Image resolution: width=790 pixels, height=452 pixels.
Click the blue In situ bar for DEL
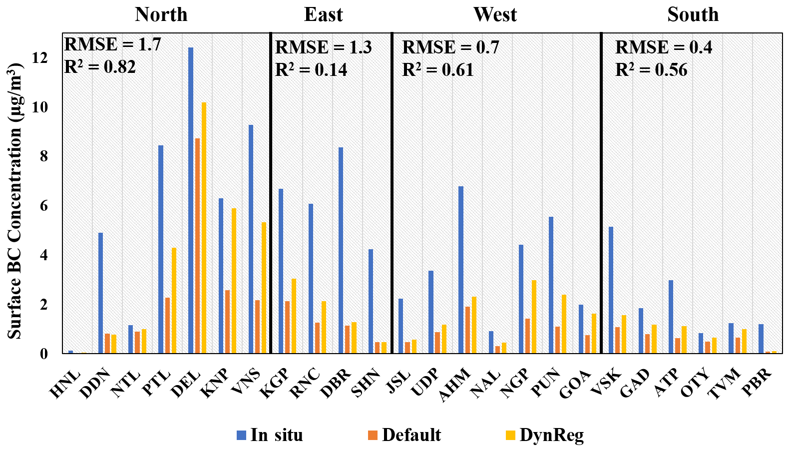[191, 200]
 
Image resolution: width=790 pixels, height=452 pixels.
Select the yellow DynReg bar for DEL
[204, 228]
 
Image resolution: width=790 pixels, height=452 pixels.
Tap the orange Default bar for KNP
[228, 322]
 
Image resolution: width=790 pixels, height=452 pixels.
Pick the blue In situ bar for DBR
[341, 250]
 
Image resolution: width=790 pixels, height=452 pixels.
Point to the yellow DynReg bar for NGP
[534, 317]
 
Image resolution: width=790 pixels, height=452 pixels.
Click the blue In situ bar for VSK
[611, 290]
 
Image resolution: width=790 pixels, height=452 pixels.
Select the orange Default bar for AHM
[467, 330]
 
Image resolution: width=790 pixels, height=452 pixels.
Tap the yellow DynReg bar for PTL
[174, 300]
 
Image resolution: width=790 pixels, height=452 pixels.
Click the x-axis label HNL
[65, 384]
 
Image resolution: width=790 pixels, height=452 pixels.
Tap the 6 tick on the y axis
[43, 206]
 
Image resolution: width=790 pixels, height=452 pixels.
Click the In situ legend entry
[270, 435]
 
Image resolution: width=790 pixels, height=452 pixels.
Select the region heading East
[323, 14]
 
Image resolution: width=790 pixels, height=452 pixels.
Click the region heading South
[693, 14]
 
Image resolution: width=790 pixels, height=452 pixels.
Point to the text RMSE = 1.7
[113, 45]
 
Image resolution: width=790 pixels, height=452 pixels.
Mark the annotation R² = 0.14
[311, 70]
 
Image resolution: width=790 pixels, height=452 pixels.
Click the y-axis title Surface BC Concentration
[15, 200]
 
